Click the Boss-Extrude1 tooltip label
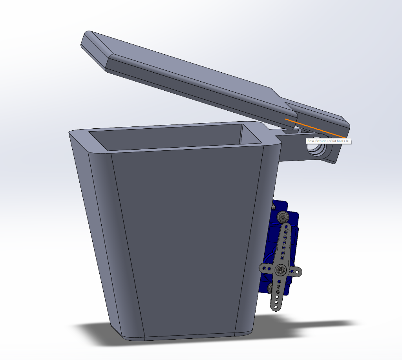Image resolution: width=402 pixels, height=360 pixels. [x=328, y=141]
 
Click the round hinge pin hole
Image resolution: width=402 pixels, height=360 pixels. [x=317, y=149]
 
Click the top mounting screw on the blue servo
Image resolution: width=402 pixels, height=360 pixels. [x=282, y=216]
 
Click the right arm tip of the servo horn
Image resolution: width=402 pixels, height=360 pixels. [x=298, y=271]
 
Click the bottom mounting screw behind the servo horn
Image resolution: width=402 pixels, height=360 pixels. [x=270, y=289]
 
